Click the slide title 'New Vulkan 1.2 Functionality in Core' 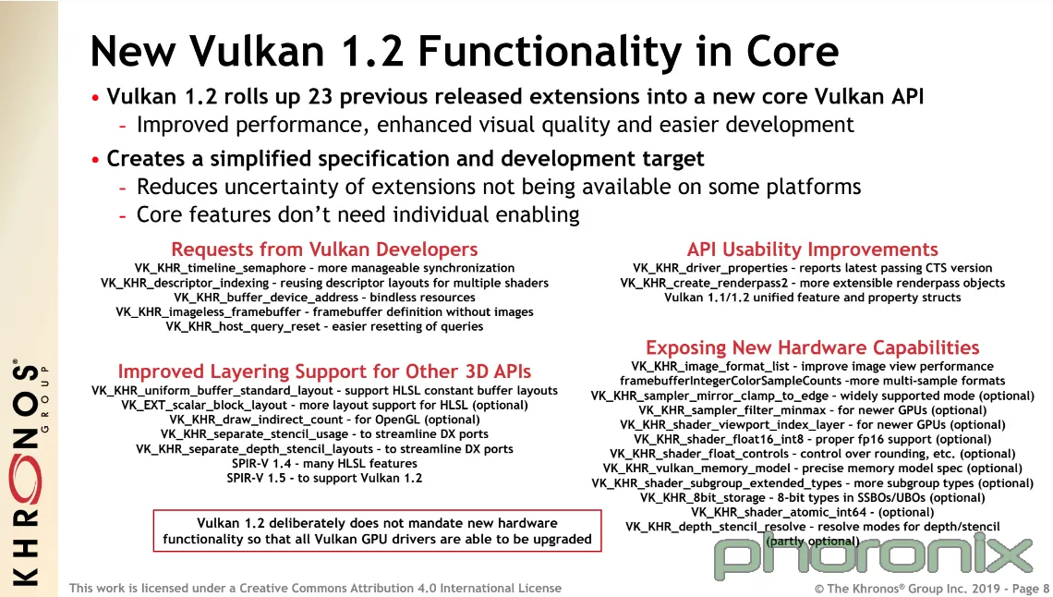[464, 51]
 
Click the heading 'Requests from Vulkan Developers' [324, 250]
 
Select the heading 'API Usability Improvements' [812, 250]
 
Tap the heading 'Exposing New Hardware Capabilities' [812, 347]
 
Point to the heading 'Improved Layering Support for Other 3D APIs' [324, 372]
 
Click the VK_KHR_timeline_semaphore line [324, 268]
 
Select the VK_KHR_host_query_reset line [324, 326]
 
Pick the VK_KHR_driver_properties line [812, 268]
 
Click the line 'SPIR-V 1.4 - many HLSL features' [324, 463]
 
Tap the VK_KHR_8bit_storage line [812, 497]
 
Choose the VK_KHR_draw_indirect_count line [324, 420]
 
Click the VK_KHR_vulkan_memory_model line [812, 468]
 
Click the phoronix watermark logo [872, 555]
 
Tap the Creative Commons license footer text [315, 589]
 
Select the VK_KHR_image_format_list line [812, 367]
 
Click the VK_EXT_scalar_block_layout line [324, 405]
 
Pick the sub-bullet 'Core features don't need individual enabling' [358, 215]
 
